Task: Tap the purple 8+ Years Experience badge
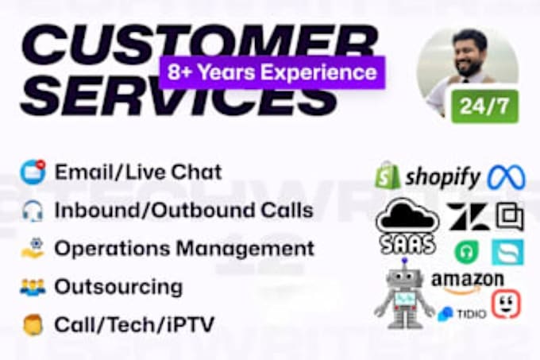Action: click(x=272, y=73)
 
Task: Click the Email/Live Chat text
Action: click(x=138, y=171)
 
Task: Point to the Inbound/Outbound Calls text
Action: click(x=183, y=210)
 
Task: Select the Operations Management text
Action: click(x=184, y=248)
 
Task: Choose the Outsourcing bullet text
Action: click(x=118, y=286)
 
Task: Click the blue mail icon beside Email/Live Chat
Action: click(x=33, y=172)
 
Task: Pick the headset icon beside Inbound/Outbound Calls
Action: click(x=33, y=211)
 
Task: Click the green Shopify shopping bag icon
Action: click(x=388, y=176)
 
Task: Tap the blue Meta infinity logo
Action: click(x=506, y=176)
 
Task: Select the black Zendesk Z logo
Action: click(x=468, y=216)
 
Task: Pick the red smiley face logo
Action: click(x=505, y=304)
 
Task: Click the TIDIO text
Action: click(x=472, y=314)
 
